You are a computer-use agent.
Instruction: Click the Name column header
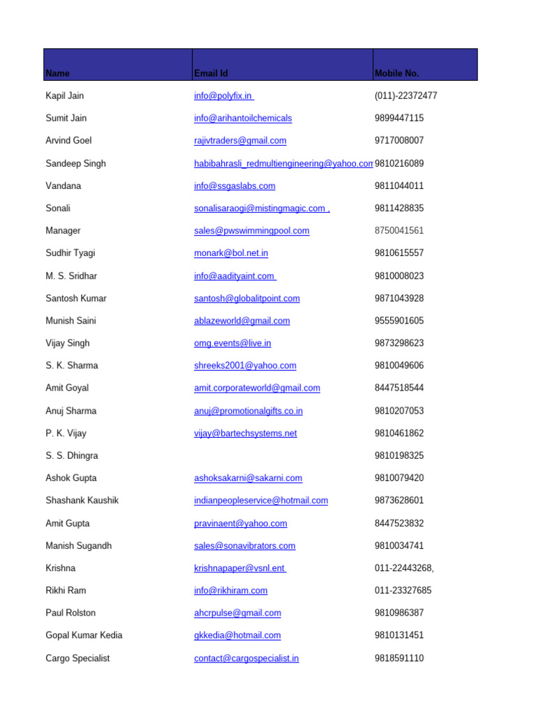58,73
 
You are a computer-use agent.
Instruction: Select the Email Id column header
211,73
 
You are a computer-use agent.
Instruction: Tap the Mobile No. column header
396,73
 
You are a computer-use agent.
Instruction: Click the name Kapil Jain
65,96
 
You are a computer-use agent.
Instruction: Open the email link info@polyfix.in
223,96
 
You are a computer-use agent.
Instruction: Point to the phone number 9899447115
399,119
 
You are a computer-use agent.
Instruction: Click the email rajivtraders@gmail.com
240,141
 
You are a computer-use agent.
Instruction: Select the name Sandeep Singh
76,163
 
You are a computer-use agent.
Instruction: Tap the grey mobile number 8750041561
399,231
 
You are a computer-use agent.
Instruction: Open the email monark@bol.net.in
231,253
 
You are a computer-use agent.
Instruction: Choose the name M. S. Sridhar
71,276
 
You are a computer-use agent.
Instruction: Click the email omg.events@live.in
232,343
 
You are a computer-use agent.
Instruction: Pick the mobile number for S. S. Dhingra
399,455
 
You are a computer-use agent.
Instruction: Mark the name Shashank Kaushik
82,501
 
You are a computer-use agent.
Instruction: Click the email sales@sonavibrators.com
244,546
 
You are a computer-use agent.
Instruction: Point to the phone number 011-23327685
403,591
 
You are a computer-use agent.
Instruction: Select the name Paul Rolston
70,613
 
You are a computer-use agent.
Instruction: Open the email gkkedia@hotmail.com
237,635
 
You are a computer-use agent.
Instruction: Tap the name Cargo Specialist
77,658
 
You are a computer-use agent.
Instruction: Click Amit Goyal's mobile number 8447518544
399,388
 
